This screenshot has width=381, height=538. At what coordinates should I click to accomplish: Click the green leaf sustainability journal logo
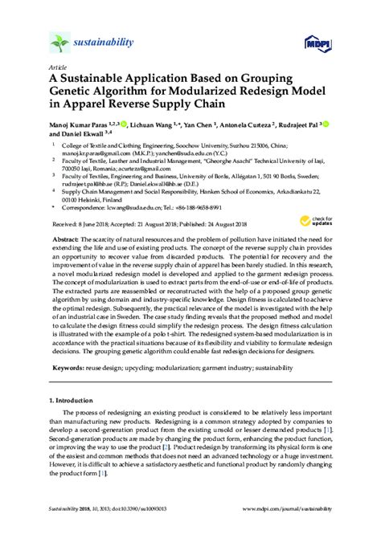click(x=59, y=43)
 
